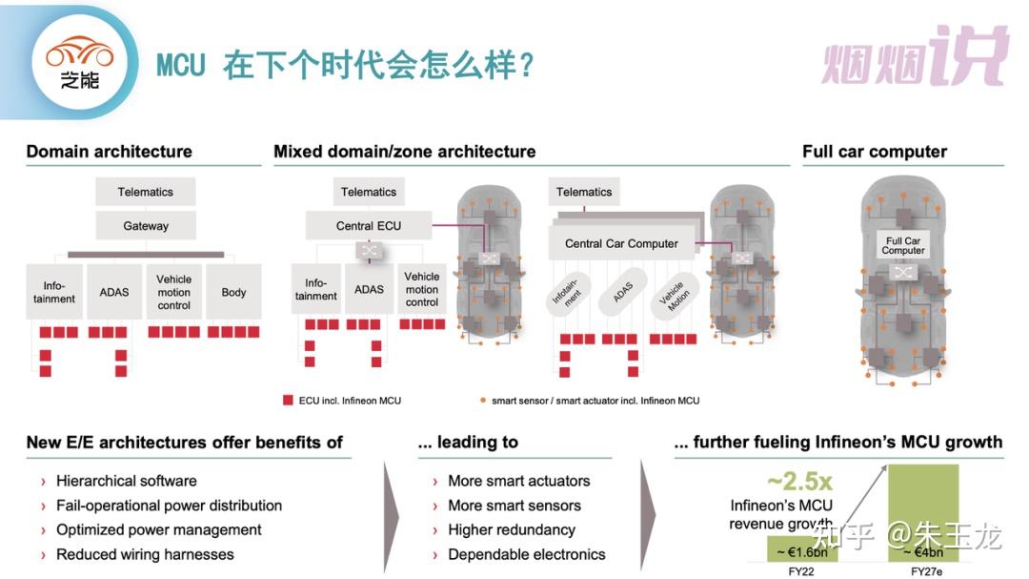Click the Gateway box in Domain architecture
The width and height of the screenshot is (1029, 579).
[146, 225]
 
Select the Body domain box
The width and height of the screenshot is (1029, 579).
[233, 292]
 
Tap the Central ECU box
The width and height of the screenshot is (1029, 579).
[368, 225]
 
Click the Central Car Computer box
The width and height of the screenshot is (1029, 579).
[621, 243]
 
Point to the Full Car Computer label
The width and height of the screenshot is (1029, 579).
[903, 245]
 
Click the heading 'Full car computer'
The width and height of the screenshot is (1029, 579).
[874, 152]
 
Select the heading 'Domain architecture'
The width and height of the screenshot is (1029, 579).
[109, 152]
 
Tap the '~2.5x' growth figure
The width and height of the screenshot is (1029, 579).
[799, 481]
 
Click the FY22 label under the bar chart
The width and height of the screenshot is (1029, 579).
[800, 571]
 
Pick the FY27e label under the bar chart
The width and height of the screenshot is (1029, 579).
[926, 571]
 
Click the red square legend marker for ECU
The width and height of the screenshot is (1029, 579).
[288, 400]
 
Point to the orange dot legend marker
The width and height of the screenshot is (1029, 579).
[483, 400]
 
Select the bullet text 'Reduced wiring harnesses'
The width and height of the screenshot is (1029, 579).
[145, 555]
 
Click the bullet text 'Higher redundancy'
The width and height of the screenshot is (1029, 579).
[512, 529]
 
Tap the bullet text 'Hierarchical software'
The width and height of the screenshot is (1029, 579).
[126, 481]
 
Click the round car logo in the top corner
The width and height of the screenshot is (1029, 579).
[79, 62]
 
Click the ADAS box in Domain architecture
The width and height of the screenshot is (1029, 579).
[114, 292]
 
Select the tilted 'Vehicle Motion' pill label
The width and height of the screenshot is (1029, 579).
[675, 297]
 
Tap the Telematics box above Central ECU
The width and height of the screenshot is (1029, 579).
[368, 192]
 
